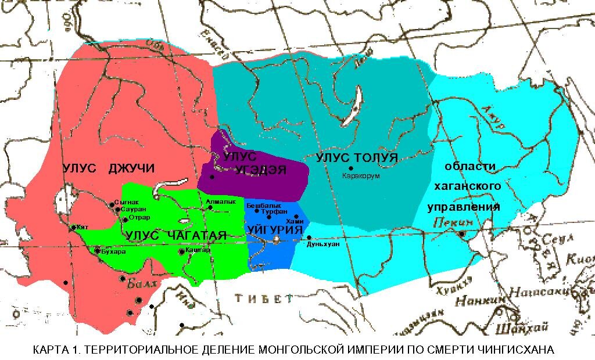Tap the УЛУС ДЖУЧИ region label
(109, 168)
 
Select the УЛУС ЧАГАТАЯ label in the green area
(174, 235)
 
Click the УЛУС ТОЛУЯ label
(357, 157)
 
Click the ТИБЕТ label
(263, 298)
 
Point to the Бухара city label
(112, 253)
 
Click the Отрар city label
(139, 218)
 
